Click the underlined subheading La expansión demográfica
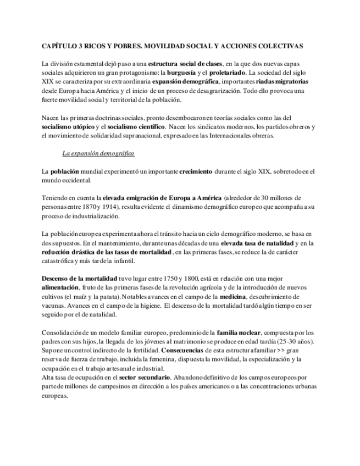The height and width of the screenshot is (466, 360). (x=98, y=153)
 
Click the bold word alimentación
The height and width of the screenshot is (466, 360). (x=60, y=288)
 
